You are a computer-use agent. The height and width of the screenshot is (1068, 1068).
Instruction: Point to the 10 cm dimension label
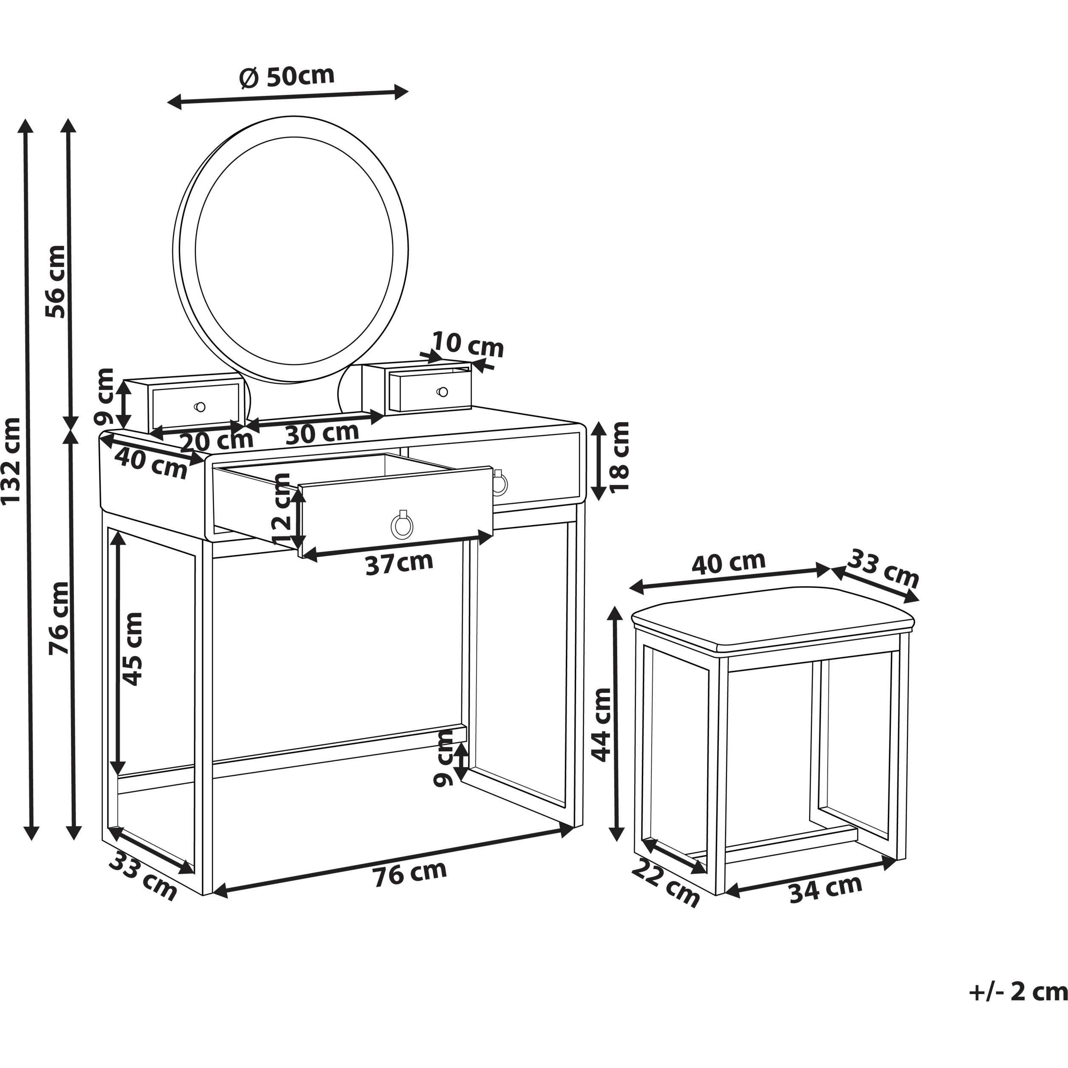pos(468,345)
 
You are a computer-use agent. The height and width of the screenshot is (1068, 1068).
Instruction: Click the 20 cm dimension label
pos(217,441)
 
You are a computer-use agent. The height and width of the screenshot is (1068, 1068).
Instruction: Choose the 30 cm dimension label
pos(322,433)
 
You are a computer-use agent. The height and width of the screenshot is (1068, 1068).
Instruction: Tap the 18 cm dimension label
pos(619,457)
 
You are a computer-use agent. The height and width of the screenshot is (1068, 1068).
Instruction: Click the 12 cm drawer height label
pos(282,509)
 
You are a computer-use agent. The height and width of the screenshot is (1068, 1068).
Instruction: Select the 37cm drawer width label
pos(399,563)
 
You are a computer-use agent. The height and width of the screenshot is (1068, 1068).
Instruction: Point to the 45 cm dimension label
pos(132,649)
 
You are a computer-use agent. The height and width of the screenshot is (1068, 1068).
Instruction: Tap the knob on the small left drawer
pos(200,407)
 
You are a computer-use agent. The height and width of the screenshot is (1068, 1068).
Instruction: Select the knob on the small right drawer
pos(442,392)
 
